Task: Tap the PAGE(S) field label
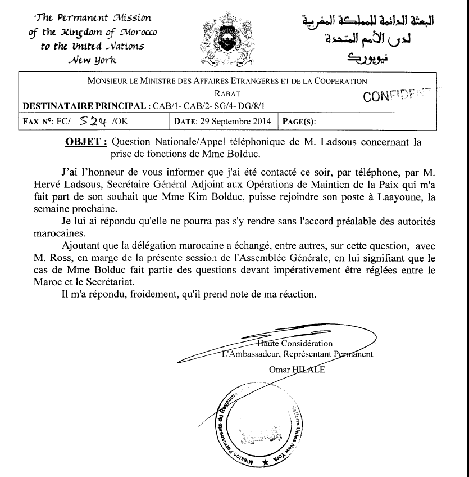click(x=299, y=121)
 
